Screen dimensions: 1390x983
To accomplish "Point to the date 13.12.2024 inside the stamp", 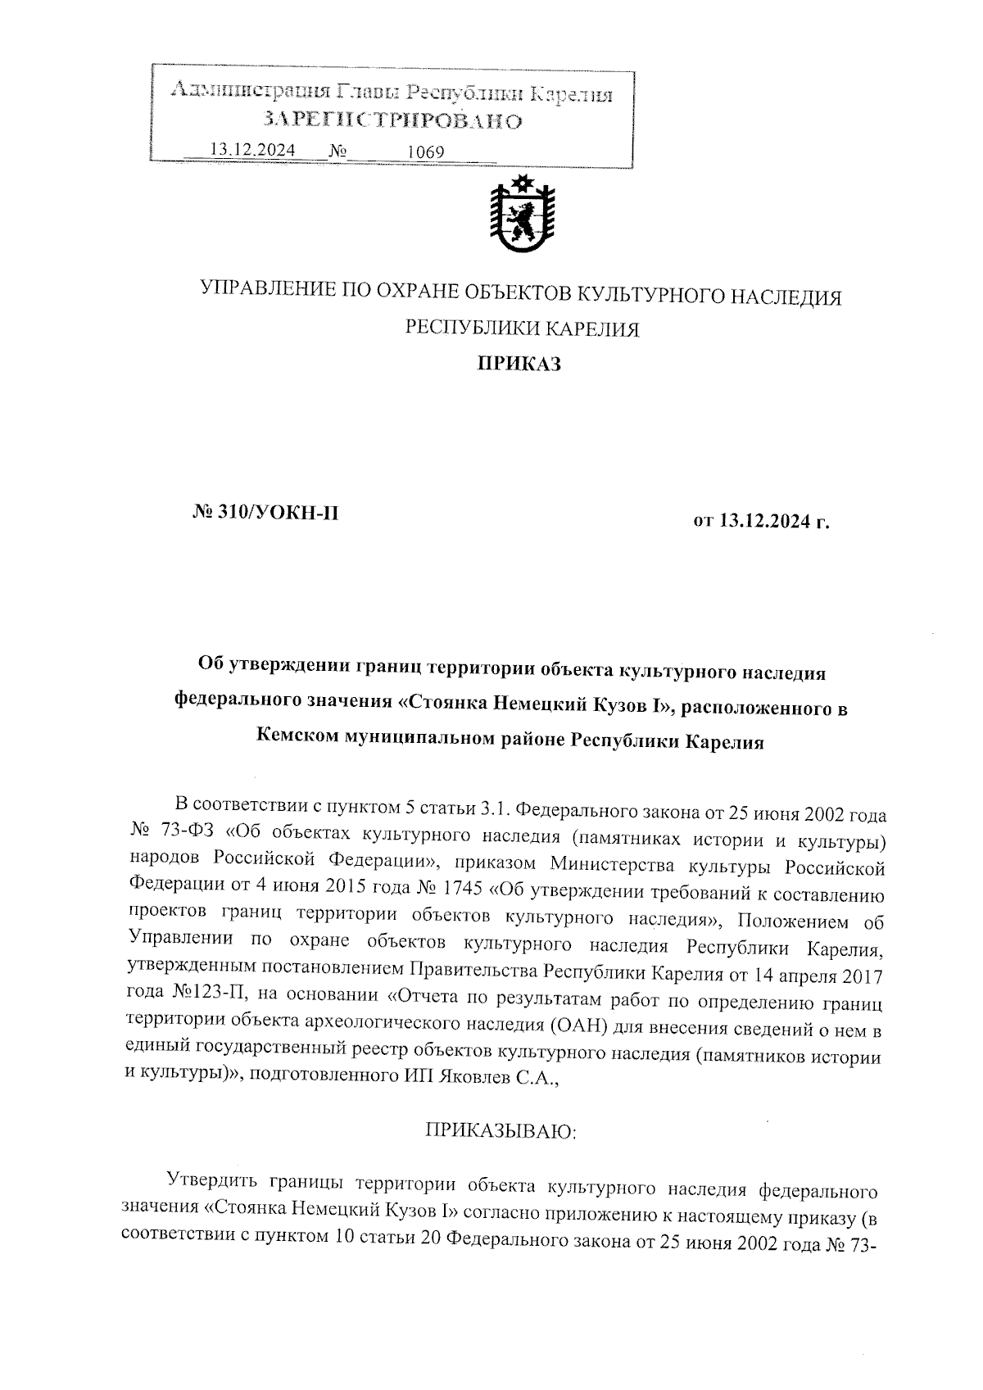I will [x=251, y=150].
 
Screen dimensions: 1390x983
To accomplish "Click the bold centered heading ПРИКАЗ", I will [x=519, y=364].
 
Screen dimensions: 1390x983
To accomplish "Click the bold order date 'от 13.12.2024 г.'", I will [x=762, y=520].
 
